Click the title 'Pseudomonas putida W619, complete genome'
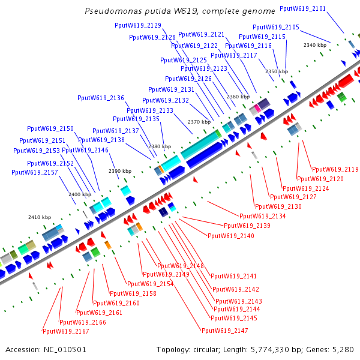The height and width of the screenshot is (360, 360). click(180, 11)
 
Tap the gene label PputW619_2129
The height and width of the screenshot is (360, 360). click(137, 25)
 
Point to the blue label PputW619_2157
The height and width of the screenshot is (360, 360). click(35, 173)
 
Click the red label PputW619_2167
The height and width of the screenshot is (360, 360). click(65, 331)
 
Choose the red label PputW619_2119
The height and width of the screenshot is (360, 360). click(335, 170)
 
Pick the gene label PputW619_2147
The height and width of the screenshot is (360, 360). click(224, 331)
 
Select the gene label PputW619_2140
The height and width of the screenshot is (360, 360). click(230, 236)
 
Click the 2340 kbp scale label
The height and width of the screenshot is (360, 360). click(314, 45)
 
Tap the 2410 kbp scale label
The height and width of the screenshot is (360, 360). click(40, 217)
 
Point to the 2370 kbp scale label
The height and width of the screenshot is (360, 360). click(199, 122)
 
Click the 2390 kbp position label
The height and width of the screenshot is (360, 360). click(119, 172)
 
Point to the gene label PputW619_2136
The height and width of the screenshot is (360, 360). click(101, 98)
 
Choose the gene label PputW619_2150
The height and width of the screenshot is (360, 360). click(50, 129)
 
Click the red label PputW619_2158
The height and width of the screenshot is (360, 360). click(133, 294)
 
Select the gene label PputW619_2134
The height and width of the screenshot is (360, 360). click(262, 216)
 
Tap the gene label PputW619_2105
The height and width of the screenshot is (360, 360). click(275, 28)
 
